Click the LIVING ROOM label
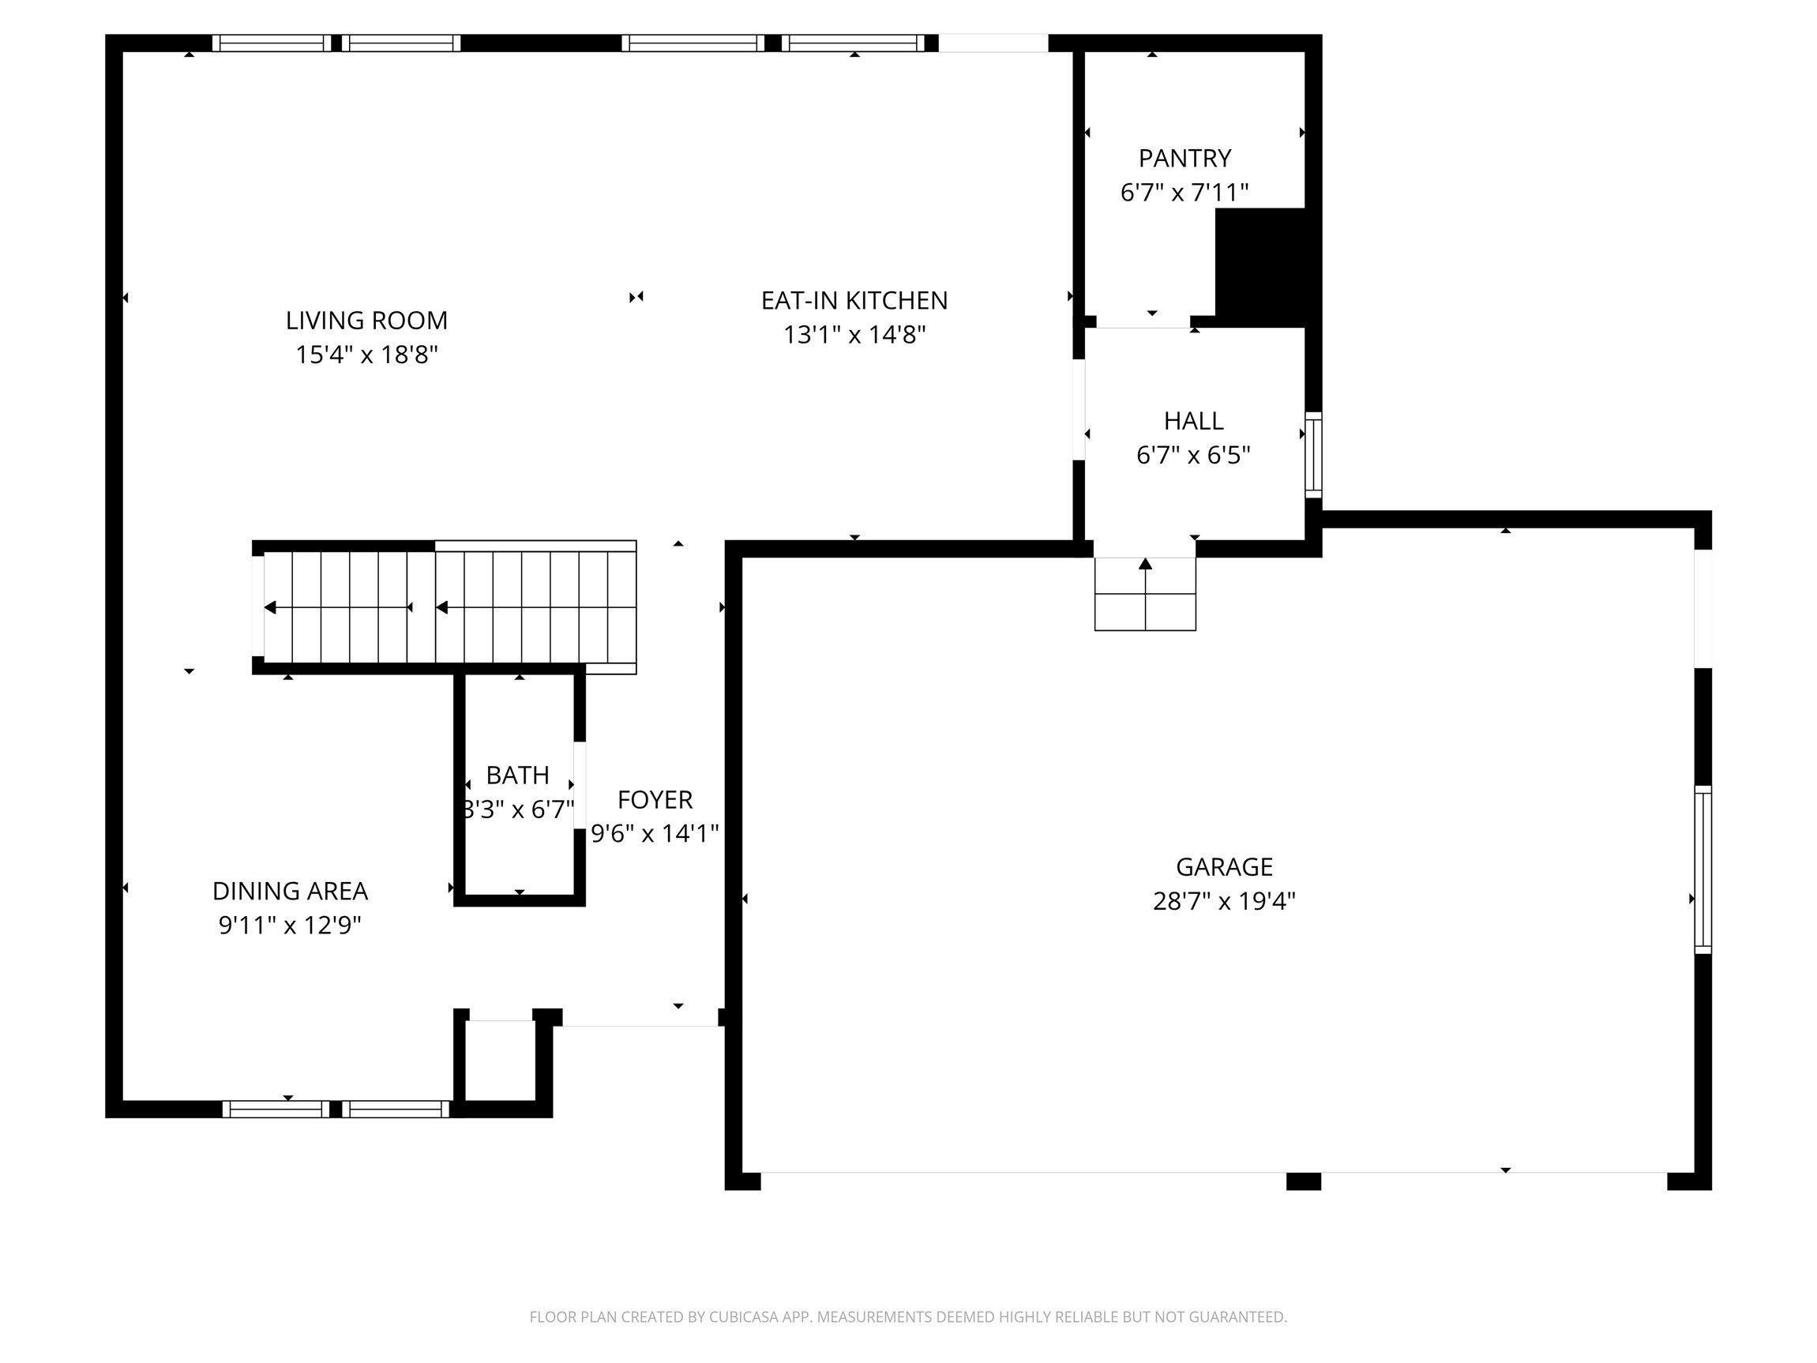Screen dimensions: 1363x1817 [366, 321]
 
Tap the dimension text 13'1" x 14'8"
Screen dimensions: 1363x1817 [854, 335]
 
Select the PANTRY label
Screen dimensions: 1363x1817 [1184, 158]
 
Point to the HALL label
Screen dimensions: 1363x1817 [1193, 421]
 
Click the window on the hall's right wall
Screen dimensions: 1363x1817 [1313, 454]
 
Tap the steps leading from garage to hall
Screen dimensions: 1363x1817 [1145, 594]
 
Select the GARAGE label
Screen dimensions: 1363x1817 [1224, 867]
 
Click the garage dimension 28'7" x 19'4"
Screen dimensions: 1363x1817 [1224, 901]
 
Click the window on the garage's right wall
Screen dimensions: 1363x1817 [1702, 869]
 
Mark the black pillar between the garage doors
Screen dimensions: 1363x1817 [1303, 1181]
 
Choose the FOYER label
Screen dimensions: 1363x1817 [655, 799]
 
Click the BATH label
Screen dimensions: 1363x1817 [517, 775]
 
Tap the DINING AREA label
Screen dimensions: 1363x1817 [290, 891]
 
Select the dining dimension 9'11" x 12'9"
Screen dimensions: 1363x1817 [290, 925]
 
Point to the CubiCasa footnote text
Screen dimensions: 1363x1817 [907, 1317]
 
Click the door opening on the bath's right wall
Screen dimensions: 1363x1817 [579, 786]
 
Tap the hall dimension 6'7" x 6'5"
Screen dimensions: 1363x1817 [1193, 455]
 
